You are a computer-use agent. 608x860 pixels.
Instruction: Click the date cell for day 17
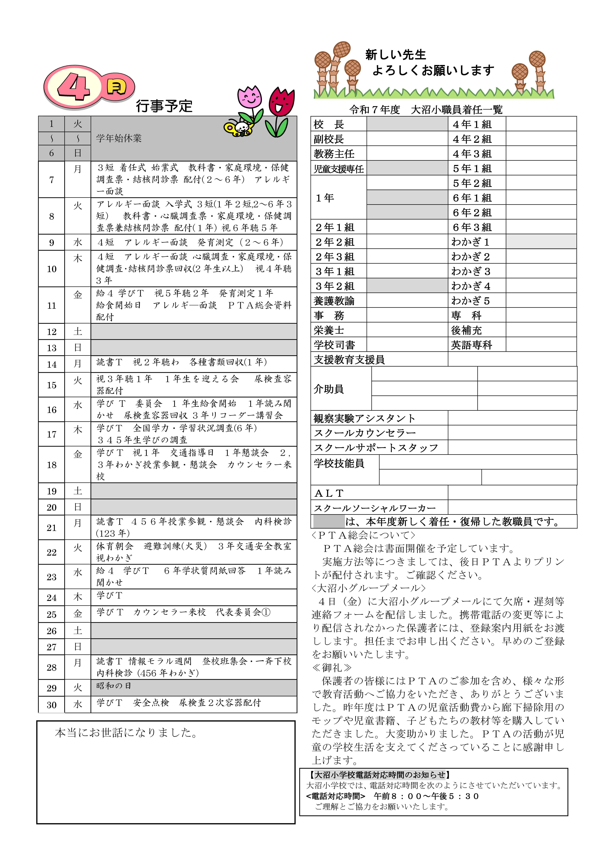[x=52, y=434]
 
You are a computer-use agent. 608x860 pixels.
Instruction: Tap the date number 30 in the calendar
[x=52, y=705]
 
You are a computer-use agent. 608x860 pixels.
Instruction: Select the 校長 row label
[x=329, y=124]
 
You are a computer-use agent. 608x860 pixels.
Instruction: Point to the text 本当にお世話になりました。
[x=126, y=733]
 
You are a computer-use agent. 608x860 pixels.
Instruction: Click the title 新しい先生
[x=395, y=55]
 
